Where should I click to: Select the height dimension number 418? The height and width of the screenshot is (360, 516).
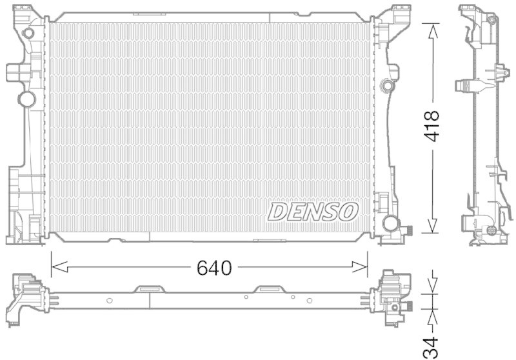click(x=432, y=128)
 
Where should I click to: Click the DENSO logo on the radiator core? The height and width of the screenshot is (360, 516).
click(x=313, y=211)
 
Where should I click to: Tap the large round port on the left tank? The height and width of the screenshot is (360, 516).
click(x=26, y=99)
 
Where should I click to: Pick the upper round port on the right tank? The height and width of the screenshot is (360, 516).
click(x=386, y=85)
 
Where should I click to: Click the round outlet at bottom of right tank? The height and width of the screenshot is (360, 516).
click(x=390, y=223)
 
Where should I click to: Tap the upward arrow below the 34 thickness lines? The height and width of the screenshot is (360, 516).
click(x=432, y=315)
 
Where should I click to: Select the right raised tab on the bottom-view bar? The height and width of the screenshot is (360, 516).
click(x=266, y=290)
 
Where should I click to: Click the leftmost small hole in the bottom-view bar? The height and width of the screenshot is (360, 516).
click(x=110, y=299)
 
